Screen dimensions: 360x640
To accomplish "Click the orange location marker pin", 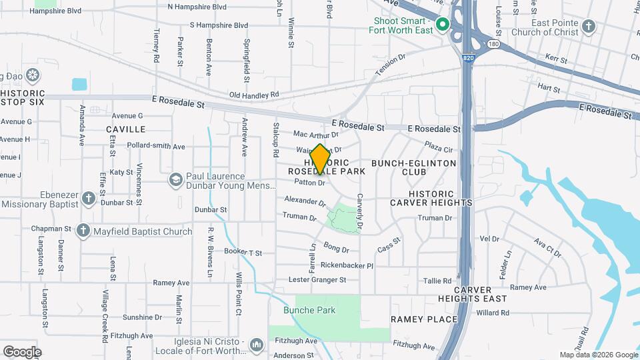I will pos(320,159).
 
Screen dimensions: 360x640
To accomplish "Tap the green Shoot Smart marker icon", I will pos(442,26).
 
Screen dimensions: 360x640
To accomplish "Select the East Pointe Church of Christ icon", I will pos(588,26).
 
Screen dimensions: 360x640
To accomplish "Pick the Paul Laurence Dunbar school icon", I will pos(175,179).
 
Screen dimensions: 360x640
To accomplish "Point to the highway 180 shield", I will pos(493,44).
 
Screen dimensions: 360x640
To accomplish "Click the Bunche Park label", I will pos(309,310).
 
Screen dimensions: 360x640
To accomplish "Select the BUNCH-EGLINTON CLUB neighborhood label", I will pos(413,167).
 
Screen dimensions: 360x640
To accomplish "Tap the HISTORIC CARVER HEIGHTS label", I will pos(431,197).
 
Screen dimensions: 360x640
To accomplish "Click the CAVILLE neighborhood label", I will pos(125,129).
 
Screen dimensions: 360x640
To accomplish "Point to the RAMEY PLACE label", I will pos(424,319).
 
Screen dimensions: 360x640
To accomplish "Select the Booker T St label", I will pos(243,253).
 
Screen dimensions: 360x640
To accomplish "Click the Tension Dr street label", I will pos(390,65).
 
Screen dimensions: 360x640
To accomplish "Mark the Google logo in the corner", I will pos(23,351).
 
